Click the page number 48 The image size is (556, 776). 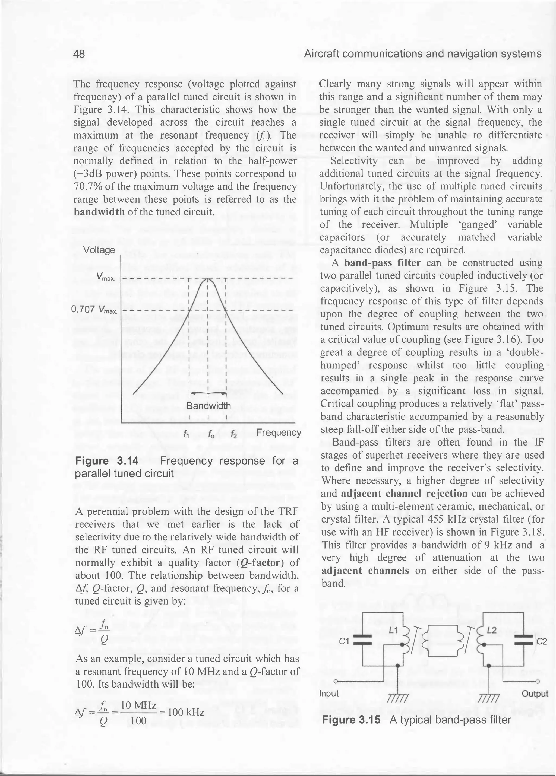pyautogui.click(x=79, y=54)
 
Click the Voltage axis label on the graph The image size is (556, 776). pyautogui.click(x=99, y=250)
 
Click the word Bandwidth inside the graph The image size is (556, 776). pyautogui.click(x=208, y=406)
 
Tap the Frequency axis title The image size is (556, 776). pyautogui.click(x=279, y=433)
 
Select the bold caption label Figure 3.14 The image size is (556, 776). pyautogui.click(x=106, y=461)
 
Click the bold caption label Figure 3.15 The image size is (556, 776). pyautogui.click(x=351, y=720)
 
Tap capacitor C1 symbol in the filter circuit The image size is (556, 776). pyautogui.click(x=362, y=640)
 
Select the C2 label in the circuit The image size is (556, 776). pyautogui.click(x=542, y=641)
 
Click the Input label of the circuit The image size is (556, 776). pyautogui.click(x=329, y=693)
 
